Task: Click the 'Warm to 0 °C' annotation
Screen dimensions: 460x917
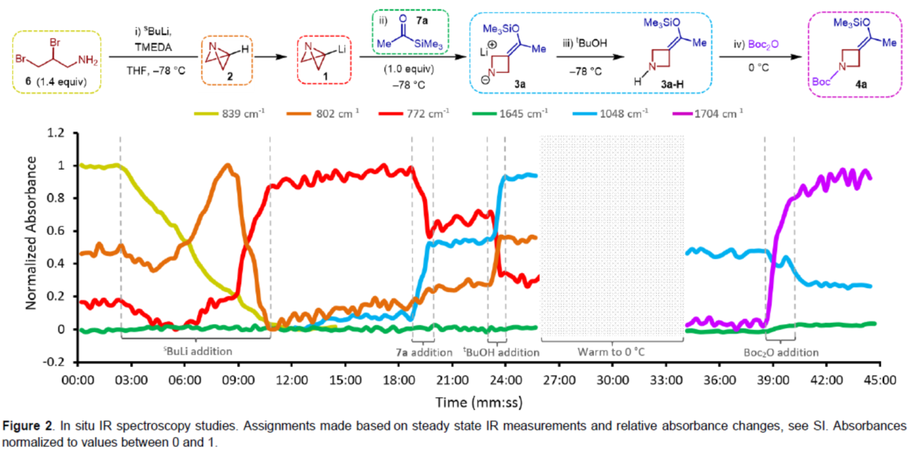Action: (611, 353)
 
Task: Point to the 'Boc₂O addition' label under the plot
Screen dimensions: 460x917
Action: (780, 353)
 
